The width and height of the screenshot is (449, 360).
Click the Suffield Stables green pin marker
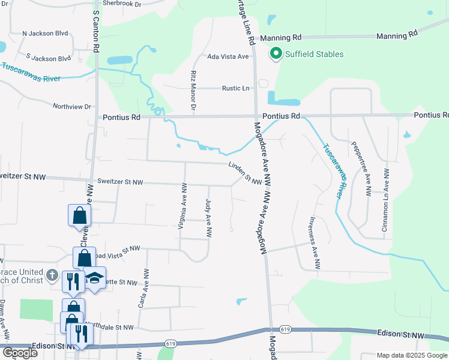pyautogui.click(x=276, y=54)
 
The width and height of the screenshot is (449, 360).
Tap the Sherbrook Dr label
pyautogui.click(x=121, y=4)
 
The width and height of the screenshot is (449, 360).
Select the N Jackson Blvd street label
pyautogui.click(x=45, y=34)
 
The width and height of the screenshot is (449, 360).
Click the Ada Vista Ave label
pyautogui.click(x=228, y=56)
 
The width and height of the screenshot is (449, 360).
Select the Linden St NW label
pyautogui.click(x=246, y=173)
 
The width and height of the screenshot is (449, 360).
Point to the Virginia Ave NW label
pyautogui.click(x=182, y=208)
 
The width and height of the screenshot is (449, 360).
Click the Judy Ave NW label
pyautogui.click(x=209, y=219)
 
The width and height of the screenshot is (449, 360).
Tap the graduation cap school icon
pyautogui.click(x=94, y=278)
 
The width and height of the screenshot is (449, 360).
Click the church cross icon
pyautogui.click(x=52, y=276)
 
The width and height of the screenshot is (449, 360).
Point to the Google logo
pyautogui.click(x=20, y=353)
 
